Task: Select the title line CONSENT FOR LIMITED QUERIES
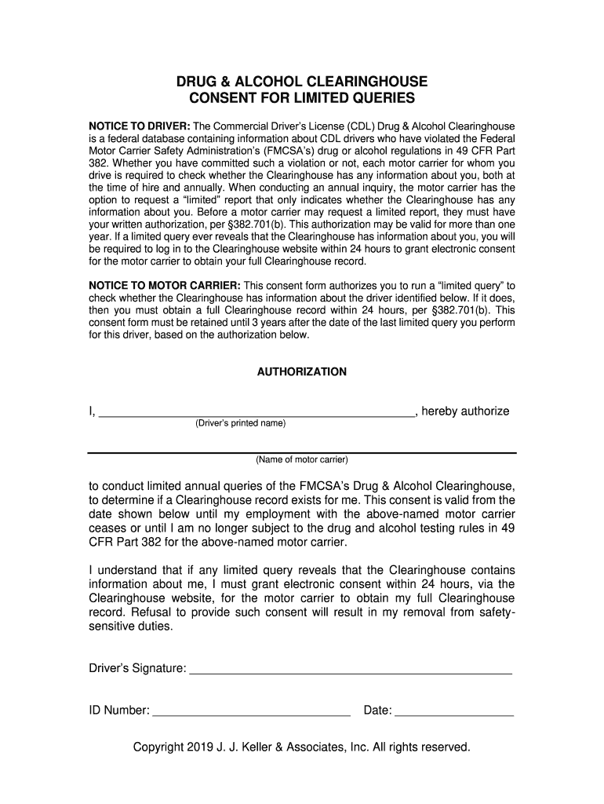(302, 99)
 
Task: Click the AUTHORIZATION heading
(302, 371)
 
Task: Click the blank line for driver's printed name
(256, 413)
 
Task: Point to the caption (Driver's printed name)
(240, 424)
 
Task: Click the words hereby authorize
(465, 411)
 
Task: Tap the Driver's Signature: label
(136, 668)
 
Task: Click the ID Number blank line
(251, 714)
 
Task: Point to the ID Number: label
(118, 711)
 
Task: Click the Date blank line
(454, 714)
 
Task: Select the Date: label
(377, 711)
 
